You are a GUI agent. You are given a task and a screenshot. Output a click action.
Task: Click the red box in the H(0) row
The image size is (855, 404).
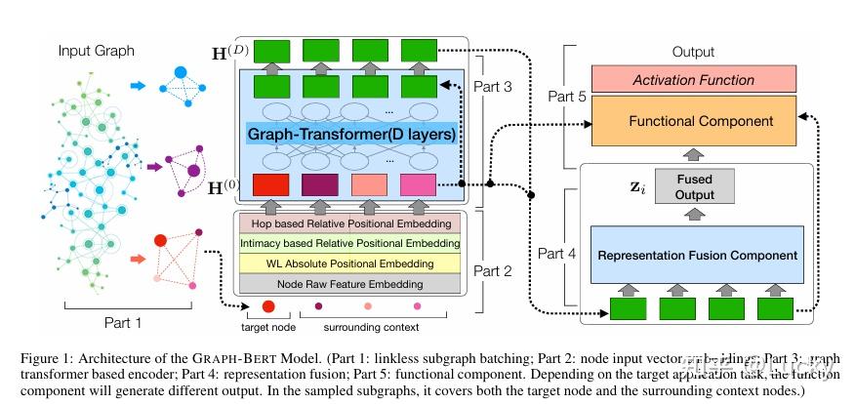pyautogui.click(x=269, y=184)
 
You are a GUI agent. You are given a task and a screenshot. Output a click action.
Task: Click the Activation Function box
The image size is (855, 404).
pyautogui.click(x=695, y=81)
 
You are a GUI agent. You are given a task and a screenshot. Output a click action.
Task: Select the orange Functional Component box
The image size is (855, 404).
pyautogui.click(x=695, y=121)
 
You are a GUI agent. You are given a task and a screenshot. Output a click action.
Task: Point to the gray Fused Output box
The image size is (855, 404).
pyautogui.click(x=695, y=187)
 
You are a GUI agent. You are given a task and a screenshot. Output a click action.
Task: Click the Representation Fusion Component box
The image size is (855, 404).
pyautogui.click(x=695, y=255)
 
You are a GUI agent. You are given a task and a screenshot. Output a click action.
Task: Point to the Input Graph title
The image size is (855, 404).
pyautogui.click(x=97, y=51)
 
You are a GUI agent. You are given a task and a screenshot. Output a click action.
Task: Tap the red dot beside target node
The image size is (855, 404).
pyautogui.click(x=269, y=309)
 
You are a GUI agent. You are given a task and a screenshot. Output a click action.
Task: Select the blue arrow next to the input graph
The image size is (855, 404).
pyautogui.click(x=141, y=86)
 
